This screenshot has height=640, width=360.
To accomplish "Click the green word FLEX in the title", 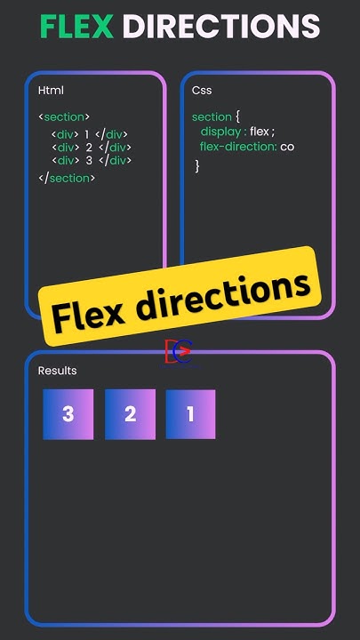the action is point(77,26).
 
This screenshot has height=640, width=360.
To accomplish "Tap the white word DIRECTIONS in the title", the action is point(221,26).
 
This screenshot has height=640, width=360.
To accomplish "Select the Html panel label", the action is point(51,90).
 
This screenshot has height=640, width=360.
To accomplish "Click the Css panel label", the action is point(202,90).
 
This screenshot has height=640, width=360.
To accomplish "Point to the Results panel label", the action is point(57,371).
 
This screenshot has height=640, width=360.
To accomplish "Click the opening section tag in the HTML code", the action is point(64,117).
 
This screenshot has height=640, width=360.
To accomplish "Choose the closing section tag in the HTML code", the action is point(67,179).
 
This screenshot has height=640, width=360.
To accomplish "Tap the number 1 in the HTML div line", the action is point(86,134).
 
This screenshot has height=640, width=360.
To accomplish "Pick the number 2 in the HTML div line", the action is point(89,148).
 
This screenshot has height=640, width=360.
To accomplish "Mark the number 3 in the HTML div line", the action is point(89,160).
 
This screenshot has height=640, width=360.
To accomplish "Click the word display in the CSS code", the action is point(220,132).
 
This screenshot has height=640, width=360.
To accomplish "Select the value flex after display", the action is point(260,132).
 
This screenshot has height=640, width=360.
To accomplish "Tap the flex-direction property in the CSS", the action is point(237,147).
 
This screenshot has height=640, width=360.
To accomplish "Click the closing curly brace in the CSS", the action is point(197,165).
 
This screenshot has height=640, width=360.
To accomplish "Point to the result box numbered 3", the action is point(68,414).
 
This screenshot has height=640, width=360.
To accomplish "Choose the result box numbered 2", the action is point(130,414).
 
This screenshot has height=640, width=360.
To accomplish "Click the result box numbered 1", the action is point(190,414).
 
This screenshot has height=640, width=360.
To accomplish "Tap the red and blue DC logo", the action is point(178,352).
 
